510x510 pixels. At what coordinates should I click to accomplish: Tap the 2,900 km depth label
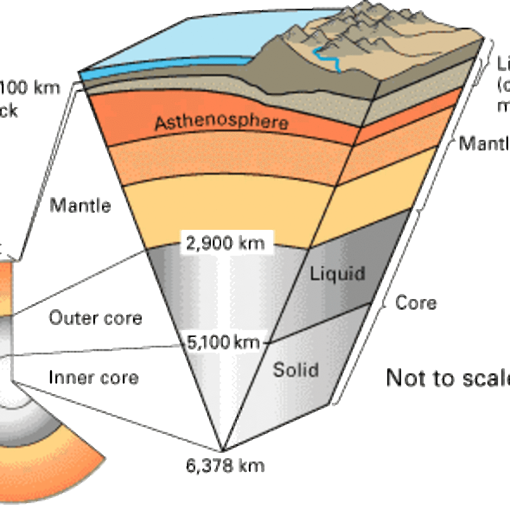227,242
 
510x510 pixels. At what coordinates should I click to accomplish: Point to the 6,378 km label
225,466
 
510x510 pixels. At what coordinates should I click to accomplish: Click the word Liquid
337,273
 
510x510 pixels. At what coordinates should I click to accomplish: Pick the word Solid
296,370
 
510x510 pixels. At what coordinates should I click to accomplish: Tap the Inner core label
94,377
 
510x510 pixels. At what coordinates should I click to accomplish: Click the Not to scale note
448,378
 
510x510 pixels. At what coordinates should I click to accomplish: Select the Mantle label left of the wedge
80,205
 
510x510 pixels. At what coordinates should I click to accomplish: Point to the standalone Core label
416,303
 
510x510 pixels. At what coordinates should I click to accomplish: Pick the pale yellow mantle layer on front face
219,208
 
